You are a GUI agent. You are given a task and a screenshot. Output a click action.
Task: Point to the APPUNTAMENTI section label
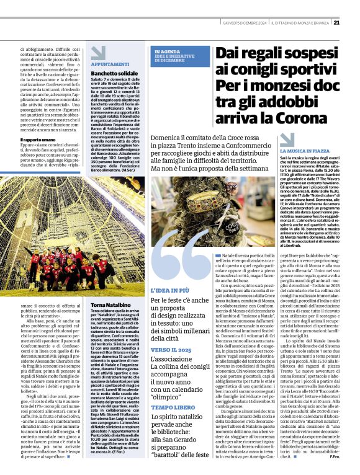(x=110, y=64)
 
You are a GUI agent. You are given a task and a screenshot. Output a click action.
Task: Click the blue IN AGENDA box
(x=181, y=56)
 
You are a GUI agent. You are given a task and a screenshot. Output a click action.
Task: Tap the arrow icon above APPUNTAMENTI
(x=98, y=53)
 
